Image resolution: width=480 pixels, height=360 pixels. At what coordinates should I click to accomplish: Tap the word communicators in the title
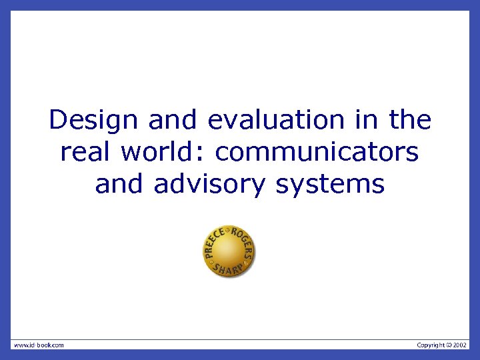click(317, 152)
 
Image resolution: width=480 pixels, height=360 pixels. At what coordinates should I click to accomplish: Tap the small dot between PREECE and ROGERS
click(229, 230)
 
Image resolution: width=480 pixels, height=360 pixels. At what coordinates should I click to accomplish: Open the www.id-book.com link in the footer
click(39, 345)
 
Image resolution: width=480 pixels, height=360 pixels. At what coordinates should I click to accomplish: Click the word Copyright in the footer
click(430, 345)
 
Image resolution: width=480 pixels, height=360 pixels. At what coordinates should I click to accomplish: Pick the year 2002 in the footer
click(460, 345)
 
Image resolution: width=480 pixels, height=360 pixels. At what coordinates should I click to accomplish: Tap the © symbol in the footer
click(448, 345)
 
